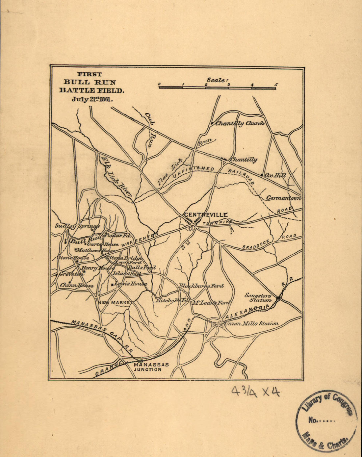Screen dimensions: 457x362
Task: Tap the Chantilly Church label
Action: (240, 124)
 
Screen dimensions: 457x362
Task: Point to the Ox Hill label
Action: (275, 175)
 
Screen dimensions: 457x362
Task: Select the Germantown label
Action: (284, 198)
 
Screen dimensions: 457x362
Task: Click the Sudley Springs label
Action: (77, 226)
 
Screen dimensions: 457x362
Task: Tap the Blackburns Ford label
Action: (201, 286)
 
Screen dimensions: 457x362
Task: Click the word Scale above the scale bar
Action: (217, 80)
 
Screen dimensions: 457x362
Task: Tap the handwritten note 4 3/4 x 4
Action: (255, 391)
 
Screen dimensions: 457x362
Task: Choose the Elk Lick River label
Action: (116, 176)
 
